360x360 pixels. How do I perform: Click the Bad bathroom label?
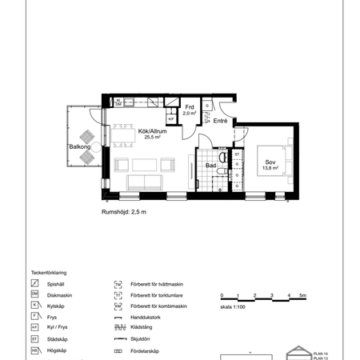click(x=210, y=166)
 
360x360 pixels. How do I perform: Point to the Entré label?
click(x=220, y=121)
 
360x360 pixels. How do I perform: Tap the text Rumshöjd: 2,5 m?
click(x=123, y=212)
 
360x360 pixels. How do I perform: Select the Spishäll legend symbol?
click(x=35, y=283)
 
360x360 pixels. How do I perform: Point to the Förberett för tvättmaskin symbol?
click(x=118, y=283)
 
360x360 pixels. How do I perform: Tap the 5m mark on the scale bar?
click(x=302, y=296)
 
